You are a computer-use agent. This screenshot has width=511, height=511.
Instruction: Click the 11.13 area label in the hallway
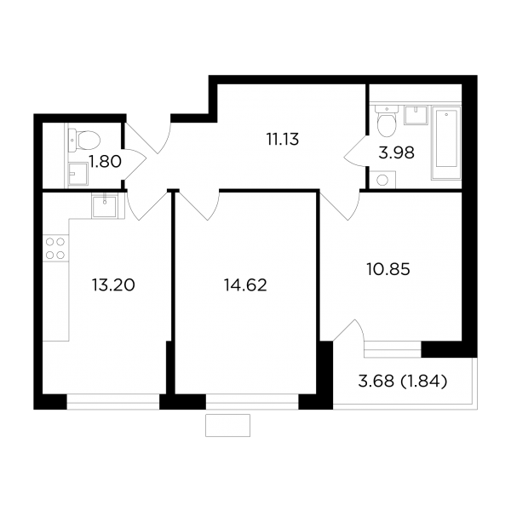tap(283, 140)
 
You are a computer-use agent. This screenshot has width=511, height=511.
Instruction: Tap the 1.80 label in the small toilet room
tap(106, 162)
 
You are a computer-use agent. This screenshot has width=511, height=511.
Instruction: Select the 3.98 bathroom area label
tap(396, 152)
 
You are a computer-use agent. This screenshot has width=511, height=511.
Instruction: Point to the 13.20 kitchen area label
tap(113, 285)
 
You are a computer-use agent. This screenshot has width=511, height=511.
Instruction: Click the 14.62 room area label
tap(245, 285)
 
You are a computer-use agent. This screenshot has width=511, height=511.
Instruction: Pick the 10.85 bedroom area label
tap(388, 269)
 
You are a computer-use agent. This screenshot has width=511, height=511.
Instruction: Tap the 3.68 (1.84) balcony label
tap(402, 382)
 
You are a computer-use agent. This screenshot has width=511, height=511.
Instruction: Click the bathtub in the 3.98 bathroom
tap(445, 143)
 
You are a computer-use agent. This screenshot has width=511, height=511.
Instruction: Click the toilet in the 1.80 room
tap(83, 141)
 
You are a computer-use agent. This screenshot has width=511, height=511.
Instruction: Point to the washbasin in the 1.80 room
tap(78, 175)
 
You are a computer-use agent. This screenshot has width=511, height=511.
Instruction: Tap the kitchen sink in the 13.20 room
tap(104, 206)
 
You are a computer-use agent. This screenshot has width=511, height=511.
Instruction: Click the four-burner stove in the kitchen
tap(55, 249)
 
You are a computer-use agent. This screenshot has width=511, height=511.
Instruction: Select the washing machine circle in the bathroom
tap(383, 180)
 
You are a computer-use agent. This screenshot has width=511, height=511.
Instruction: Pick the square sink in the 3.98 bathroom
tap(416, 115)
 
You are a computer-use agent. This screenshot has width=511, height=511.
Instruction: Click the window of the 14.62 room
tap(252, 401)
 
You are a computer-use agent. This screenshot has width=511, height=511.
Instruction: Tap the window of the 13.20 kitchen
tap(113, 401)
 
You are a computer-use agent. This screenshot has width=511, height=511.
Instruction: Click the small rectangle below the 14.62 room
tap(227, 425)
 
